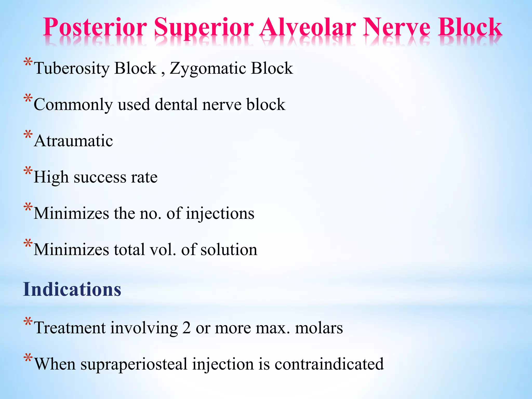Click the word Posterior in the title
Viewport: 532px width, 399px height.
point(95,27)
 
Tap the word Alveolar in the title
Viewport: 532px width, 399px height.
point(308,27)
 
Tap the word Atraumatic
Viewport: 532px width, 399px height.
point(74,141)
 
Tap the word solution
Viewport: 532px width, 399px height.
point(229,250)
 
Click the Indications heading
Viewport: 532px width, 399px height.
point(72,289)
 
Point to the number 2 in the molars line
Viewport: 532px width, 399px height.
point(186,328)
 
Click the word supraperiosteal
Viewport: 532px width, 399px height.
point(134,364)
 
